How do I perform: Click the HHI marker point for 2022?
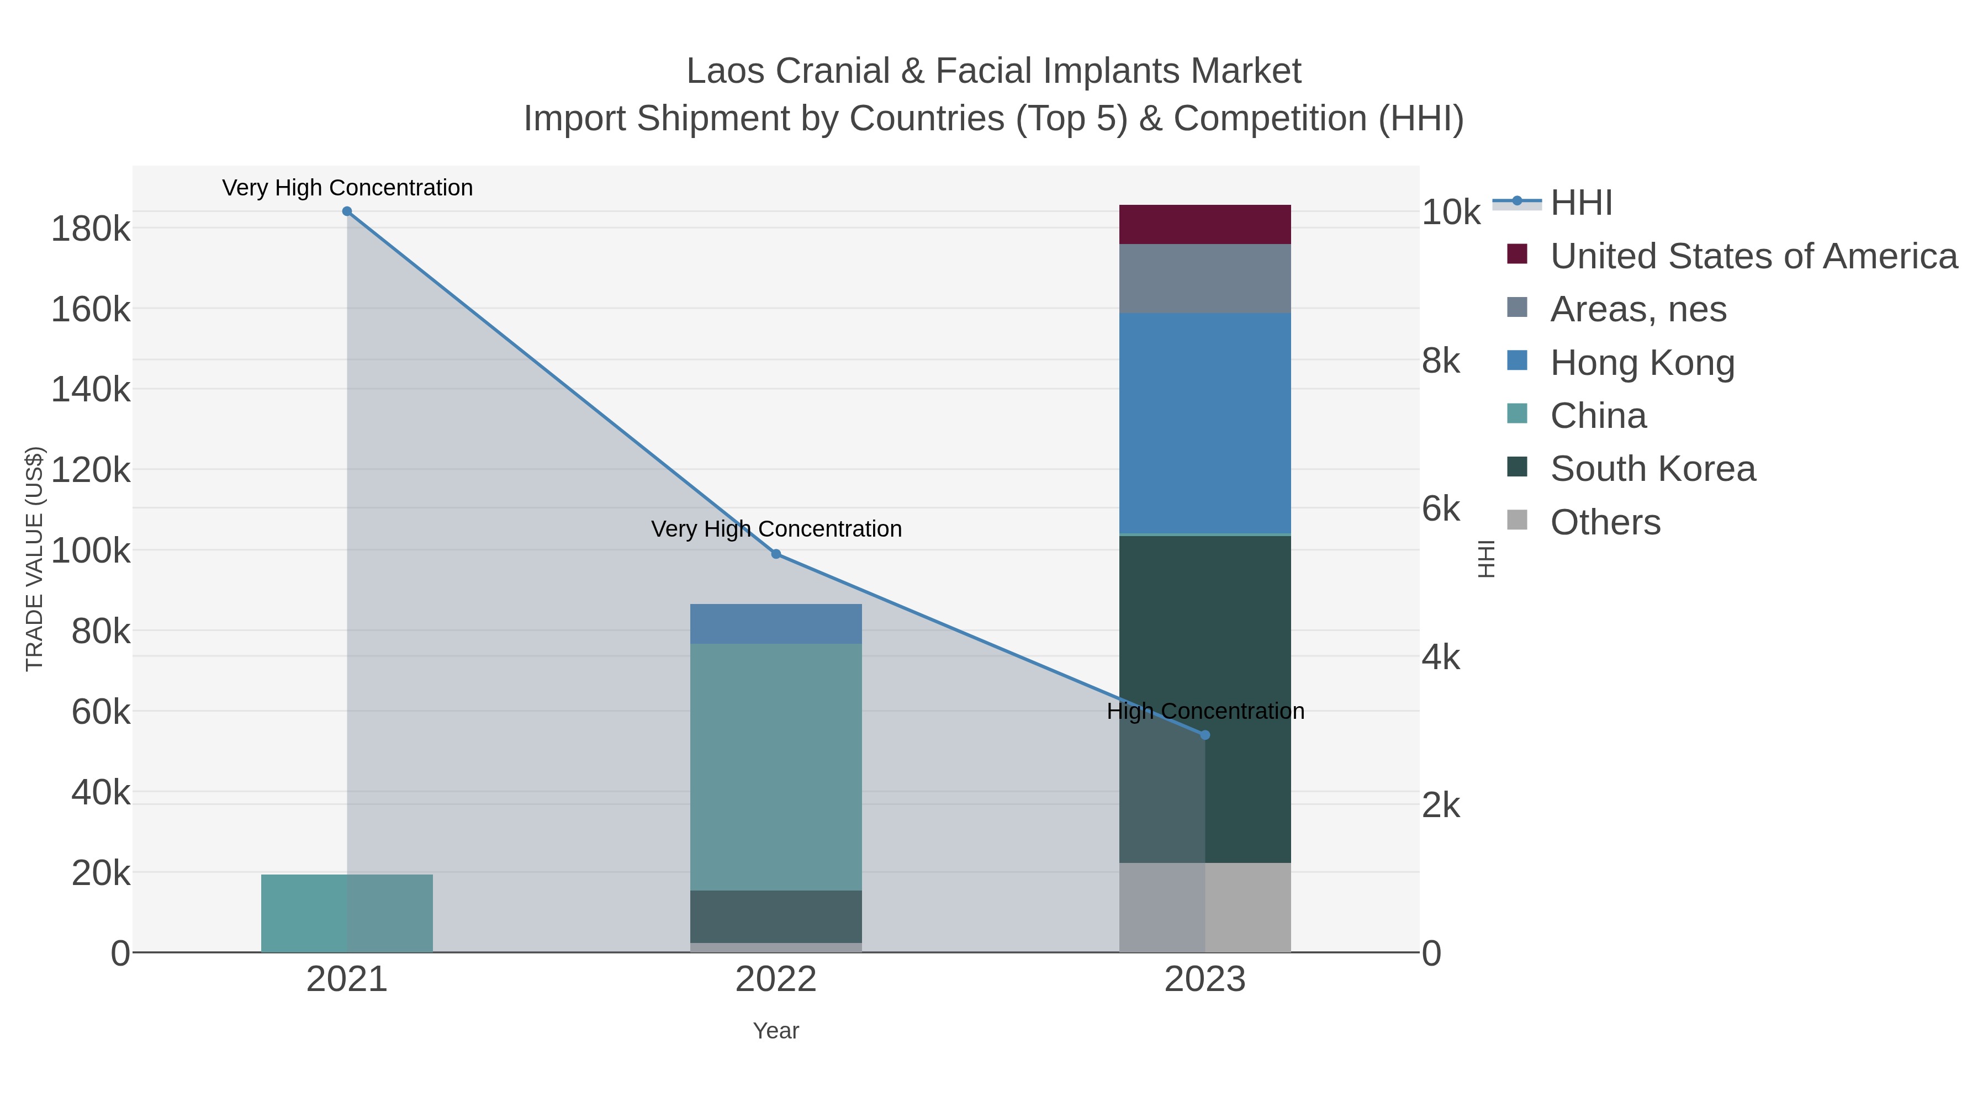(x=776, y=554)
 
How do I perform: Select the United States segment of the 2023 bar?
(x=1205, y=225)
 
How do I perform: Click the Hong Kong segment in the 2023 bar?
(x=1205, y=423)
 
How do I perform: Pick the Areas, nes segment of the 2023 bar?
(x=1205, y=279)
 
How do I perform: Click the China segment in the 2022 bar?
(x=776, y=767)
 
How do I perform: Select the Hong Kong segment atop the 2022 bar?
(x=776, y=623)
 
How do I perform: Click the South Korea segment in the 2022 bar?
(x=776, y=916)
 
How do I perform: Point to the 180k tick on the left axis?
(x=91, y=229)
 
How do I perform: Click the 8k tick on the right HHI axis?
(x=1440, y=361)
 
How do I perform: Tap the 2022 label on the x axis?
(x=776, y=980)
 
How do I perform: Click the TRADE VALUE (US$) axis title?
(x=35, y=559)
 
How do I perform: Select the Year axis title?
(x=776, y=1031)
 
